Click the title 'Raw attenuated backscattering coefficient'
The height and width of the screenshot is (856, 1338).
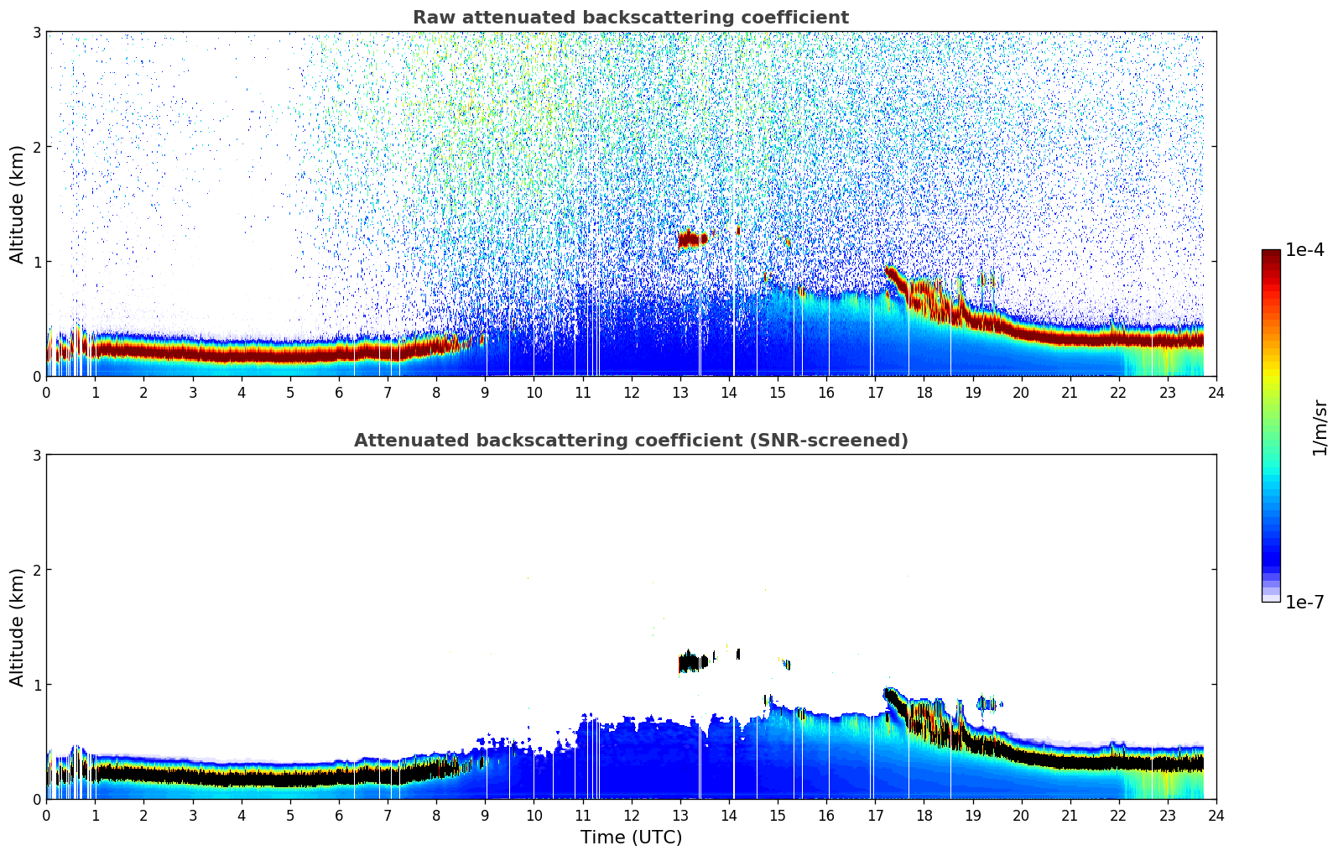[x=630, y=18]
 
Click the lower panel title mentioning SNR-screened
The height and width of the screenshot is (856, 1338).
[x=630, y=441]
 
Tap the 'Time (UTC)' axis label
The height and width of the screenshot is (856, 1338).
[x=631, y=837]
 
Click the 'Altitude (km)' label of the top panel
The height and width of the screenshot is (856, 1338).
[x=18, y=204]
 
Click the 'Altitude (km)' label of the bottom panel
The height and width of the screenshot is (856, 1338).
[x=18, y=627]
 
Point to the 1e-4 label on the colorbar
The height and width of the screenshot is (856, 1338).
[x=1304, y=250]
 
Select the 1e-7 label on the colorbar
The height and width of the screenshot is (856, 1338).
[x=1304, y=603]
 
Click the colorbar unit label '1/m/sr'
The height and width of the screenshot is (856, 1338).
[x=1320, y=427]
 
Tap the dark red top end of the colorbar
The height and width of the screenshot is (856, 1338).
[x=1270, y=254]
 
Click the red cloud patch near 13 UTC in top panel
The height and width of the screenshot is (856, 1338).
[x=693, y=239]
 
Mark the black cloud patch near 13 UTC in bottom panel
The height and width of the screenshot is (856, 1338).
[x=693, y=663]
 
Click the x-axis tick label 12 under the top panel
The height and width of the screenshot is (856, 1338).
[x=631, y=392]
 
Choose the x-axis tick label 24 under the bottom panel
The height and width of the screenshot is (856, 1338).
[x=1216, y=815]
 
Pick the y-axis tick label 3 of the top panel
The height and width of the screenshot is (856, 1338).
[x=37, y=32]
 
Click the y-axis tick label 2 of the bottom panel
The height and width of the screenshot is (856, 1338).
[x=37, y=570]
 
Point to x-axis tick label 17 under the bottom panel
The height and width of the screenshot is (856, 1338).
[x=875, y=815]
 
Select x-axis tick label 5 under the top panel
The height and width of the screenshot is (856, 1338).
[x=290, y=392]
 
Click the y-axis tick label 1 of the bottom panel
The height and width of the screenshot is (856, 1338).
[x=37, y=685]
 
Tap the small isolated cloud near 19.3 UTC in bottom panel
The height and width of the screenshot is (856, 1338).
[x=987, y=704]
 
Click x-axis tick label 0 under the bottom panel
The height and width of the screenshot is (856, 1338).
[x=46, y=815]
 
